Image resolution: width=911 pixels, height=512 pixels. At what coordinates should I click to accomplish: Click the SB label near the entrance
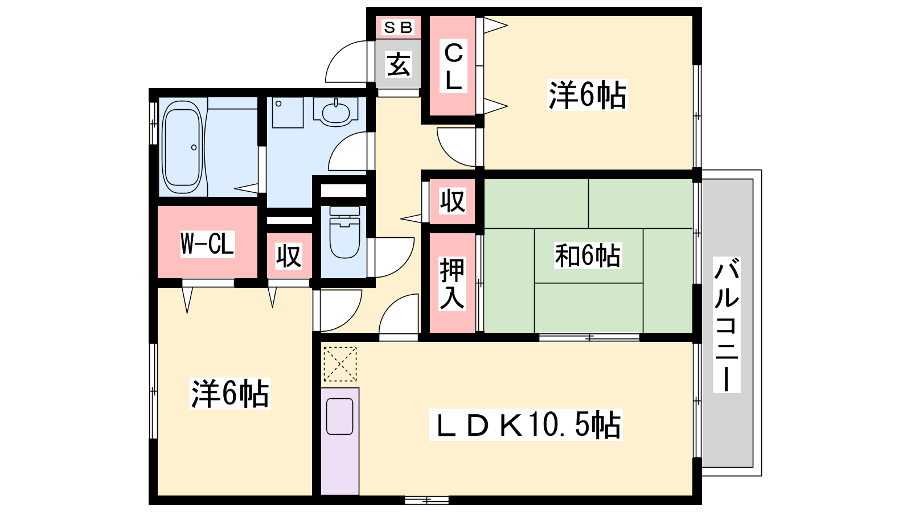pos(398,28)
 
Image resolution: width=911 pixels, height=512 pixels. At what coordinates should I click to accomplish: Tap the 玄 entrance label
pos(398,64)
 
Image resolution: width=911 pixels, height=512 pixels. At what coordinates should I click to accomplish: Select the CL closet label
pos(453,67)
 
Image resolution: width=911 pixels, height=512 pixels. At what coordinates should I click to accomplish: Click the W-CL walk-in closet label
pos(207,244)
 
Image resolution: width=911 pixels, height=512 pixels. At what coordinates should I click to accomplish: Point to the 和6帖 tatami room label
pos(588,255)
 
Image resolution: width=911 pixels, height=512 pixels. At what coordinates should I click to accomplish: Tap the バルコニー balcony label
pos(727,324)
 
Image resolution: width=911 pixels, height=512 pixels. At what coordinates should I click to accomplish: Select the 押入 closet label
pos(452,283)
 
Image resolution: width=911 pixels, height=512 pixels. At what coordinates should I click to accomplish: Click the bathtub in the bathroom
pos(182,147)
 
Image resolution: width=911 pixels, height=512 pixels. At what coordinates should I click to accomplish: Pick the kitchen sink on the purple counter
pos(339,416)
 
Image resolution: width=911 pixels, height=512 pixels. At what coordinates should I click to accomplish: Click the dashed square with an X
pos(340,364)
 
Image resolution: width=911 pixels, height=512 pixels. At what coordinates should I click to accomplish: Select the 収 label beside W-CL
pos(289,256)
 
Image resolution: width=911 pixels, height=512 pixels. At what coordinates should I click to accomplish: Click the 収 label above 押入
pos(452,201)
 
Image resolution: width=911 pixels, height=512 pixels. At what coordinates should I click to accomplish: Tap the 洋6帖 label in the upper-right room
pos(587,94)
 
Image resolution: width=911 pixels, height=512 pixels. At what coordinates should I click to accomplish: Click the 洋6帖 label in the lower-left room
pos(230,393)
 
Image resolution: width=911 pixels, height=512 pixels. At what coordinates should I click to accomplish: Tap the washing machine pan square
pos(288,113)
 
